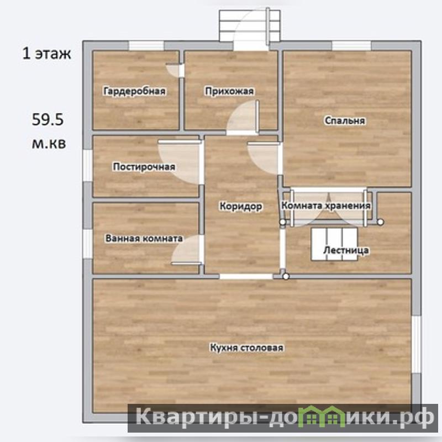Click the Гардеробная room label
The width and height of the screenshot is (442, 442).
coord(134,91)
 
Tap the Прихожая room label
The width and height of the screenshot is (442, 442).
coord(229,91)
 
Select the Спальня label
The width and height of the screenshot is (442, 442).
coord(345,120)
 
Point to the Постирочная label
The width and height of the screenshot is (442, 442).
coord(144,167)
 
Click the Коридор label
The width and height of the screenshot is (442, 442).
coord(241,206)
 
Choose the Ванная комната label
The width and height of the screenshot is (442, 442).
coord(144,239)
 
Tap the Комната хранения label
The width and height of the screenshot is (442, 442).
coord(326,206)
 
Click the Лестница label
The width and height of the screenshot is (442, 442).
coord(346,250)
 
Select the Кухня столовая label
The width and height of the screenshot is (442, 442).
coord(246,348)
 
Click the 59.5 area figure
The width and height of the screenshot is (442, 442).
coord(48,119)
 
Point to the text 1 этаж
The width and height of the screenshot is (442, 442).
coord(46,53)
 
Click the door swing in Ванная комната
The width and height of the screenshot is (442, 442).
coord(187,250)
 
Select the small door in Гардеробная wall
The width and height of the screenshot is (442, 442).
coord(175,71)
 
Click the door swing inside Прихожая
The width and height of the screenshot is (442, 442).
coord(243,117)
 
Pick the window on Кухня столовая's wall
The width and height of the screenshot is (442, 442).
coord(417,344)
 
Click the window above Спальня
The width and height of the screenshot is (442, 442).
coord(351,46)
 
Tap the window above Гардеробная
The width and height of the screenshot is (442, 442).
coord(146,46)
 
